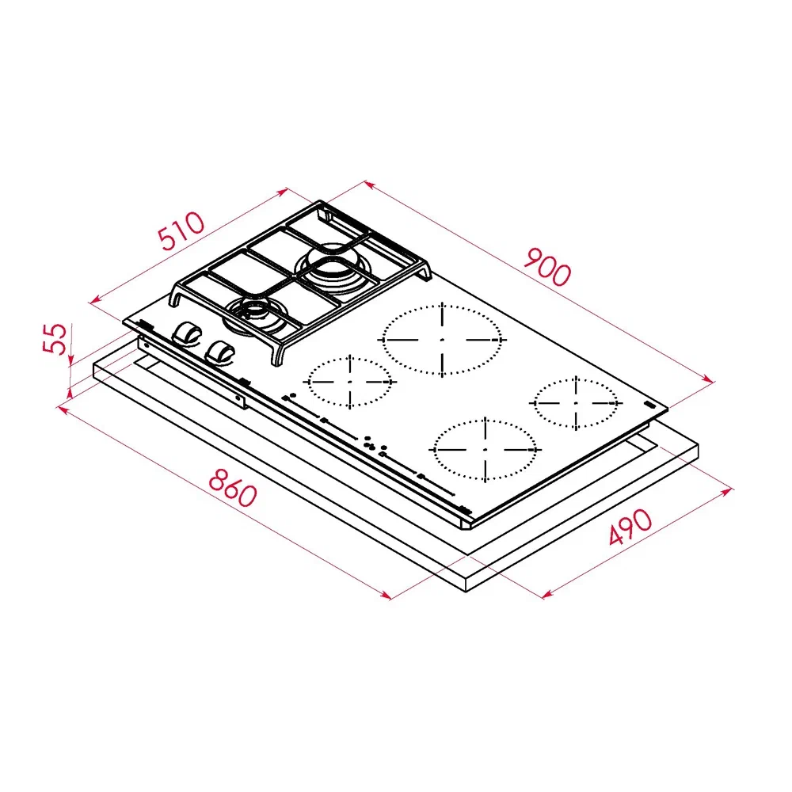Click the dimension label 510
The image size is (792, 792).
[x=181, y=231]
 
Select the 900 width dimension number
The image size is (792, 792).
[x=547, y=266]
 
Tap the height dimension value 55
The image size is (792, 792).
[x=55, y=338]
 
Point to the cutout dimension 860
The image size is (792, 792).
[x=233, y=487]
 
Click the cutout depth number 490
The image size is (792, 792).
[x=630, y=527]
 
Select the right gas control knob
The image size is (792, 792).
[x=220, y=352]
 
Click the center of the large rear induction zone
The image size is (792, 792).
[x=442, y=340]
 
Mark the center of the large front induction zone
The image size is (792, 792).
[x=485, y=449]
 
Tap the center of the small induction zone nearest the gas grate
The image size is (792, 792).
[x=350, y=382]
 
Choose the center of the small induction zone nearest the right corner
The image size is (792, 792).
[x=576, y=403]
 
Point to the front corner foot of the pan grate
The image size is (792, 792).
[x=277, y=356]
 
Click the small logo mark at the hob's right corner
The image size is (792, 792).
[x=649, y=405]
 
